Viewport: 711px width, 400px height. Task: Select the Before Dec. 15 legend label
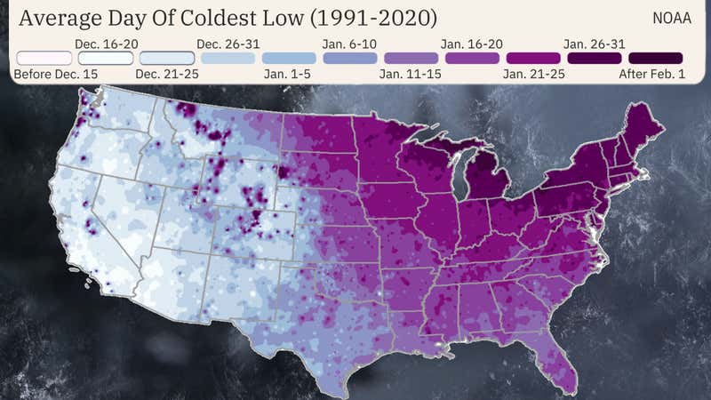pyautogui.click(x=55, y=74)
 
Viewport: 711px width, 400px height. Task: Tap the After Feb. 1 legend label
pyautogui.click(x=651, y=74)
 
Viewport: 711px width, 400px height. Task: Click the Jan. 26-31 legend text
pyautogui.click(x=594, y=43)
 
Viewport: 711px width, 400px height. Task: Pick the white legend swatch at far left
pyautogui.click(x=44, y=58)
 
